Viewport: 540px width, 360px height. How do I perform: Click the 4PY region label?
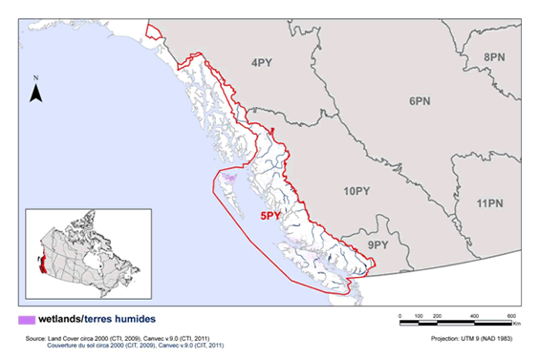[262, 64]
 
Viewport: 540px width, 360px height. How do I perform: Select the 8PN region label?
[494, 58]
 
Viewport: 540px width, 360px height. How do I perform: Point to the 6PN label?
[422, 99]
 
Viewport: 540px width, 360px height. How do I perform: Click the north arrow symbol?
[35, 92]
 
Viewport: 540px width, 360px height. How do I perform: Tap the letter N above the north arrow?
[35, 75]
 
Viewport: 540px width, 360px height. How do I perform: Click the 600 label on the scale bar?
[511, 314]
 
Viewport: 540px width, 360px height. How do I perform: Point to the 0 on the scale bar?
[399, 314]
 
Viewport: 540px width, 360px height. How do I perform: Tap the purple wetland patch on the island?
[228, 178]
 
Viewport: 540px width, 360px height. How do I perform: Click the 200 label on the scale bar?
[436, 314]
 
